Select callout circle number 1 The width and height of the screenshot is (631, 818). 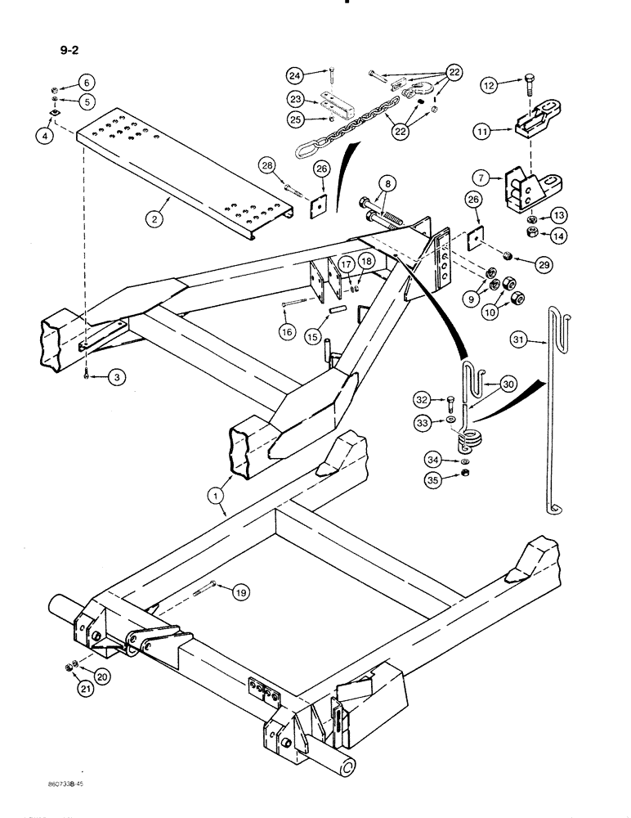tap(217, 494)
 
